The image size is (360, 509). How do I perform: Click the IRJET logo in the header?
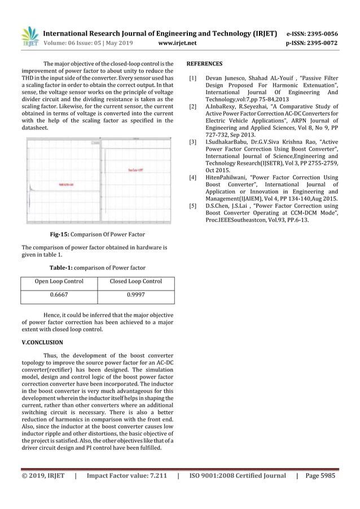[x=29, y=36]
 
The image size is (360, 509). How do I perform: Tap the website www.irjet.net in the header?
[x=178, y=43]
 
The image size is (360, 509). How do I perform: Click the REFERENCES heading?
[x=204, y=64]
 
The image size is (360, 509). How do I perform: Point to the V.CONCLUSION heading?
[x=42, y=343]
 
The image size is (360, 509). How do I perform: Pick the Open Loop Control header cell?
[x=59, y=282]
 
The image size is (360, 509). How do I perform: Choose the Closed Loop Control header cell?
[x=135, y=282]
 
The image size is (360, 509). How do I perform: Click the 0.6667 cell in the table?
[x=59, y=295]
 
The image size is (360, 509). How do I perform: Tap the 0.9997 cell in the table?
[x=135, y=295]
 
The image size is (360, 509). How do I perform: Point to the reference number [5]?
[x=193, y=207]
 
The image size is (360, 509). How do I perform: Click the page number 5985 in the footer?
[x=325, y=476]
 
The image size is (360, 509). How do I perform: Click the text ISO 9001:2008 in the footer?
[x=216, y=476]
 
